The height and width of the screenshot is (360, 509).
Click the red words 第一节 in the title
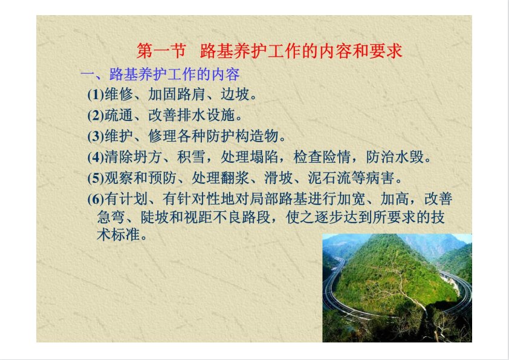161,51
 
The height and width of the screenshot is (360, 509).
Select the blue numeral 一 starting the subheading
87,75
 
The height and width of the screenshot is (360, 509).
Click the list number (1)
96,94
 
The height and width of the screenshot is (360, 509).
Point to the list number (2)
96,116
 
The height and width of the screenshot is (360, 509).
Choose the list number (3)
96,136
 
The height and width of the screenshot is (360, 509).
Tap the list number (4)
96,157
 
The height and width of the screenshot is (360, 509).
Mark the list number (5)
96,178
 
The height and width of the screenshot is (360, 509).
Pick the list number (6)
96,199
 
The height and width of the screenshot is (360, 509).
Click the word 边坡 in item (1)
235,94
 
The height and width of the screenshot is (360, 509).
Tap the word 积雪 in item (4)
191,157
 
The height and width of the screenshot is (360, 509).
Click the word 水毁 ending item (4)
410,157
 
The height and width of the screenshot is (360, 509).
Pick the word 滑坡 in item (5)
278,178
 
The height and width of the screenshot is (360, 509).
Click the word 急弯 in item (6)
111,217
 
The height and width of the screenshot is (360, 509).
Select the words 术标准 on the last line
118,234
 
